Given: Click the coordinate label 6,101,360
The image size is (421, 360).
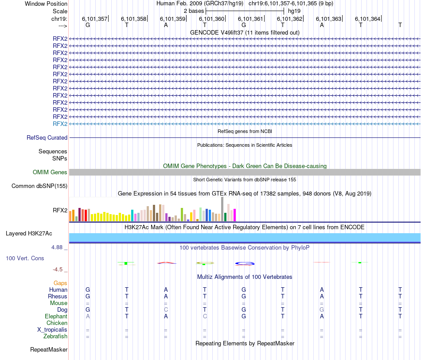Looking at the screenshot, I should click(x=211, y=19).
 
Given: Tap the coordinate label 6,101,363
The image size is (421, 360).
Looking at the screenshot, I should click(x=328, y=19).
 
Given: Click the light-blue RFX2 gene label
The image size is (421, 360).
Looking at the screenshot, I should click(x=60, y=124).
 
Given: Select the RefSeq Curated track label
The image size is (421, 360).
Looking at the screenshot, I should click(x=47, y=138).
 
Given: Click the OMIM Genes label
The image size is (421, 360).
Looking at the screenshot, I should click(x=50, y=172).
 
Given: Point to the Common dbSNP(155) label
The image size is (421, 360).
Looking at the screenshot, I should click(x=39, y=186).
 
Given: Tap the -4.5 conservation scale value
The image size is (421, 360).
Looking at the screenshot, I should click(x=58, y=269).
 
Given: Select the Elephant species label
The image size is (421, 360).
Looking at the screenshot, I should click(x=56, y=317).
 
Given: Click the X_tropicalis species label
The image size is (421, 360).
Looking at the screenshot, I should click(x=52, y=330).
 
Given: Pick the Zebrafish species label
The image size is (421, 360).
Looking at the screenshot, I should click(x=55, y=337).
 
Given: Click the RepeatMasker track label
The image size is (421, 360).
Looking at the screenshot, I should click(x=49, y=350).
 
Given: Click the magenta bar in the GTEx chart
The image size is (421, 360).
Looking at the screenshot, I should click(x=234, y=215).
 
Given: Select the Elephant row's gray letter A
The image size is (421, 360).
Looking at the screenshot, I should click(x=88, y=317).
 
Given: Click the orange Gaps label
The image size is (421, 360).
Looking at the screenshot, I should click(x=60, y=283).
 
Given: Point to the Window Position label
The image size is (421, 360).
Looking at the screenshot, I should click(x=46, y=4).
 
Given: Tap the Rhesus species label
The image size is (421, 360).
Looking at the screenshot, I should click(x=58, y=296).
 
